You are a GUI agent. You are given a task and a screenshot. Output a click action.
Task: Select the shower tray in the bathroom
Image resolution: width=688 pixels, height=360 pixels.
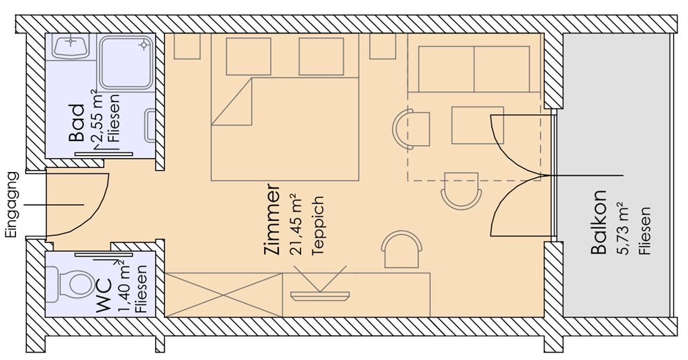click(126, 62)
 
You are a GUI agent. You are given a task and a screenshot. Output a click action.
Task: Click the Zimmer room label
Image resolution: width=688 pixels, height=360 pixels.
click(272, 218)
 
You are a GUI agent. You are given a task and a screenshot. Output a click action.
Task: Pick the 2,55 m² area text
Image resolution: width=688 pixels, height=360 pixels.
click(97, 116)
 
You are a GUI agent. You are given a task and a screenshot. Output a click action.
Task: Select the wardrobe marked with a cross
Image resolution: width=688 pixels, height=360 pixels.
click(223, 295)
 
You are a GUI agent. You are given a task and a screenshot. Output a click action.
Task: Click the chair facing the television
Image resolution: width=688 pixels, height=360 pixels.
click(402, 249)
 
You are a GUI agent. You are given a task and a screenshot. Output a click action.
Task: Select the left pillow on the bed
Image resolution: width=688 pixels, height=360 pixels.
click(249, 56)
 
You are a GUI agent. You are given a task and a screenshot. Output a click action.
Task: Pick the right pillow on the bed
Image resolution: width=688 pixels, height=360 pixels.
click(321, 56)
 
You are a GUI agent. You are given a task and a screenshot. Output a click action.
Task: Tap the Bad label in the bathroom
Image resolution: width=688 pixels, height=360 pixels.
click(76, 123)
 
